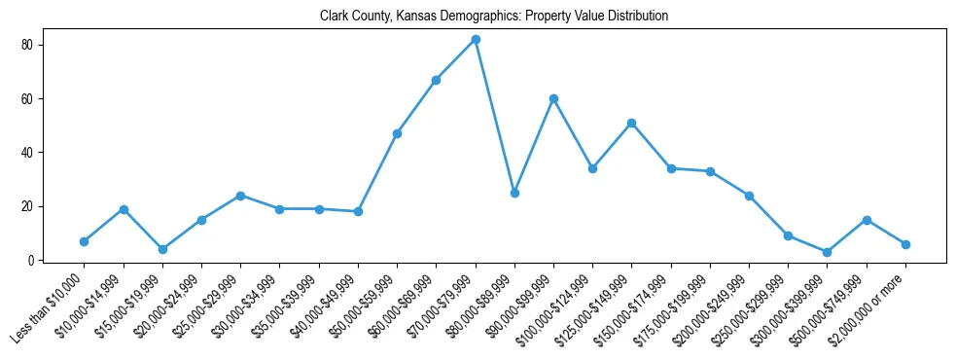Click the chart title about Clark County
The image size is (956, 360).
pos(494,17)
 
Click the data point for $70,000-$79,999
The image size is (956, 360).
pos(476,39)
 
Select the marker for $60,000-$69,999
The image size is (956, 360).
pos(437,80)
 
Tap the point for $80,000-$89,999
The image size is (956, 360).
pos(514,193)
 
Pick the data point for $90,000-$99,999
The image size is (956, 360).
pos(553,98)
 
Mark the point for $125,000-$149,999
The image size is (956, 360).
pos(632,123)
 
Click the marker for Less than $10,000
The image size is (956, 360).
pos(85,241)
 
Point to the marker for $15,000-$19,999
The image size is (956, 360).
pos(162,249)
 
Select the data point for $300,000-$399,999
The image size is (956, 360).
pos(827,252)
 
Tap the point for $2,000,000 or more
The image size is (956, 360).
pos(905,244)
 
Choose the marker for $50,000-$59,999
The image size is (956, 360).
pos(397,133)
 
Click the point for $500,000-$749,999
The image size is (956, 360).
pos(867,220)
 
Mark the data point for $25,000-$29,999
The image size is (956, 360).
pos(240,196)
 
